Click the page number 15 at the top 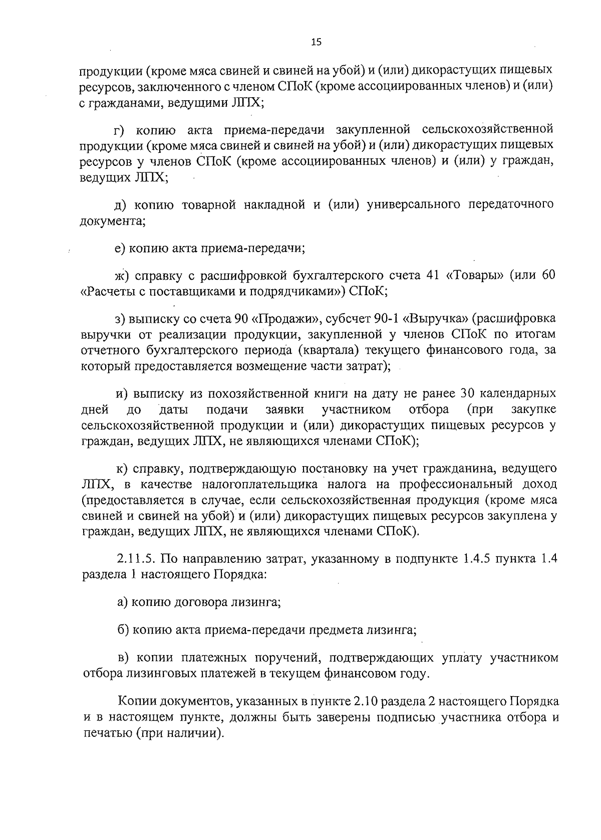(316, 43)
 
